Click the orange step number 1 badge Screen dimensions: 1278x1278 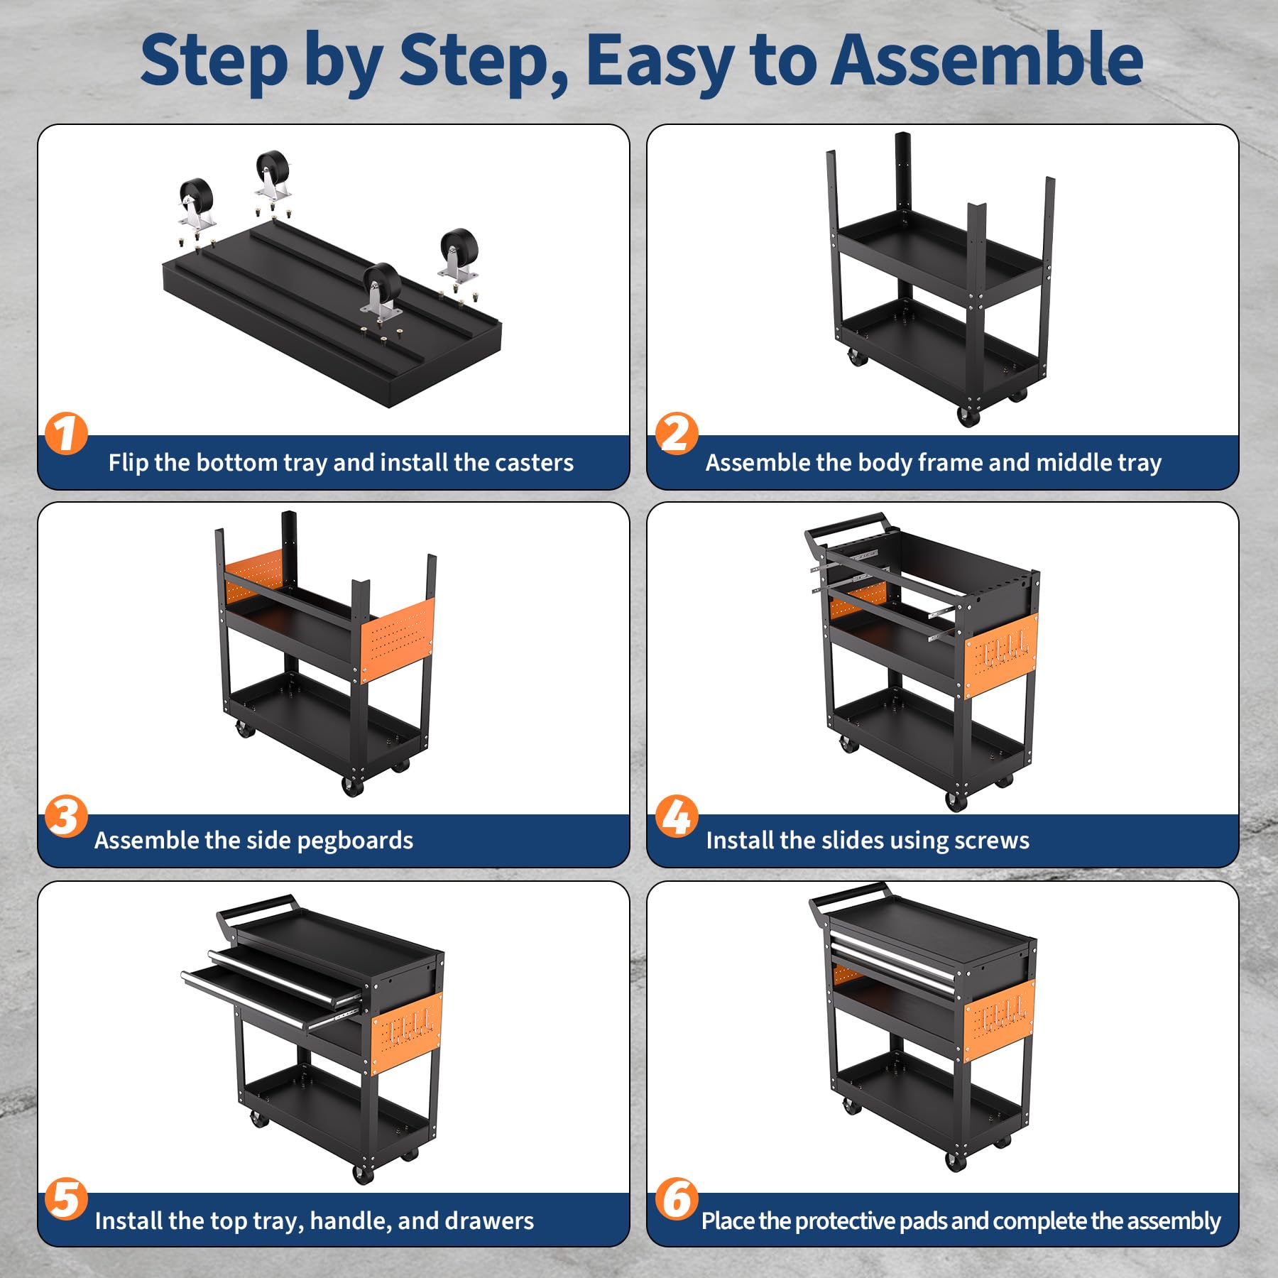coord(66,434)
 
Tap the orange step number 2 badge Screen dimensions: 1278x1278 coord(677,434)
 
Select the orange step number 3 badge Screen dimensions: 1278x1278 coord(66,816)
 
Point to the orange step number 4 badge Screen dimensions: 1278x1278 coord(677,816)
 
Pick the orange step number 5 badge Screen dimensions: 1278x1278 coord(66,1199)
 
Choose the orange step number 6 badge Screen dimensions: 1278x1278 coord(677,1199)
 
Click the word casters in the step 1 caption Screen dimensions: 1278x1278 coord(534,463)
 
